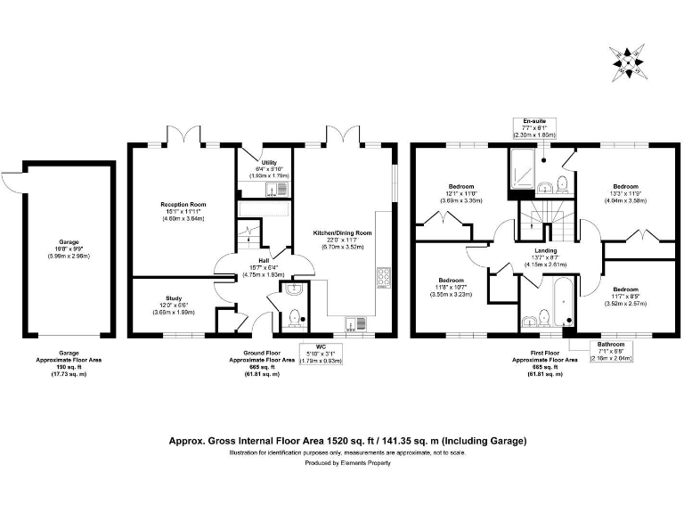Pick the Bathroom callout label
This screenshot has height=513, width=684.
pos(611,349)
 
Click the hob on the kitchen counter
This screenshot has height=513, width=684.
pos(384,277)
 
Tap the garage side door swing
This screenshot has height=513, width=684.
pos(9,181)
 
